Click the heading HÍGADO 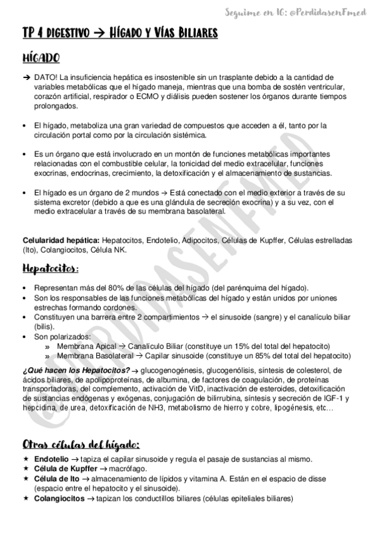(x=41, y=59)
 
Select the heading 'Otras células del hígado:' (x=81, y=443)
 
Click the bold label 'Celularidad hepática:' (x=60, y=241)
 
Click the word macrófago (x=133, y=469)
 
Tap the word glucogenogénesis (x=183, y=370)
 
